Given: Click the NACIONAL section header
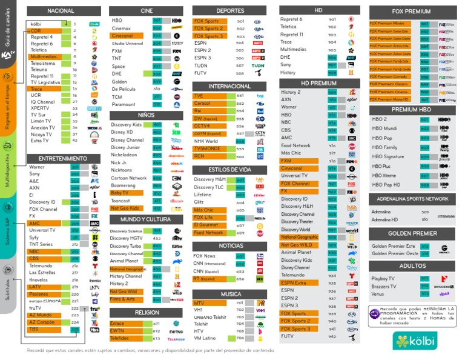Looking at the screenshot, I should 61,11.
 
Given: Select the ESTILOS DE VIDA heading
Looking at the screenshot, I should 230,169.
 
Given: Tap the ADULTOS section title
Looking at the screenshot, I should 412,266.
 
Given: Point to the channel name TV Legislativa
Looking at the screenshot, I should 45,82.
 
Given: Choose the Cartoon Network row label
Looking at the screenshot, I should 128,178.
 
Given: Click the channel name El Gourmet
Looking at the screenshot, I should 206,225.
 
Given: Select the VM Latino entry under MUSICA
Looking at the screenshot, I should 205,338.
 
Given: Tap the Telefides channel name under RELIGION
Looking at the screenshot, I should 120,339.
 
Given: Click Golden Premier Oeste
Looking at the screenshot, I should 394,253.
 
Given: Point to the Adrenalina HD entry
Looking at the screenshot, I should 384,219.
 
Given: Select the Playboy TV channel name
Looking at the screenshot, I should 383,278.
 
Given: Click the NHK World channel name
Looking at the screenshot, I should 206,141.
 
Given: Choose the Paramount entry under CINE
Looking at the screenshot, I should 124,104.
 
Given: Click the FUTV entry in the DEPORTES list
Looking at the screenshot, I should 200,73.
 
